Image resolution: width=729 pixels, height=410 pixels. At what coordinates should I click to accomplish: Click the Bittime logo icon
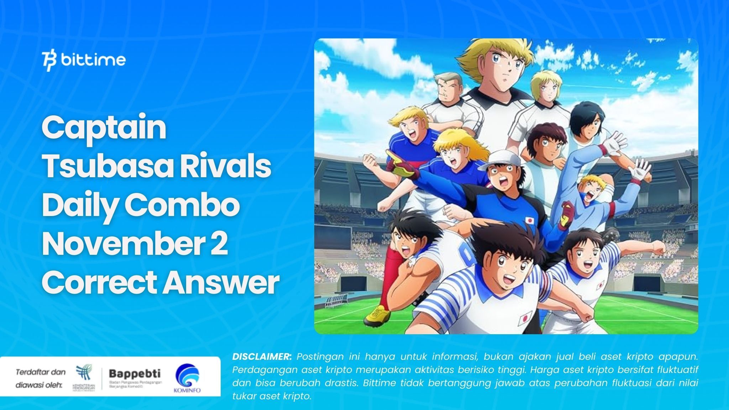coord(49,61)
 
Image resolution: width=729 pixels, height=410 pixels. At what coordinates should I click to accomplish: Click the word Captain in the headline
coord(104,128)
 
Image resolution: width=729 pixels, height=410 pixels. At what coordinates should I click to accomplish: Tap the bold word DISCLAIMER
coord(262,356)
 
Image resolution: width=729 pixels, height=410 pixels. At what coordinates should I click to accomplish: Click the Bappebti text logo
coord(134,374)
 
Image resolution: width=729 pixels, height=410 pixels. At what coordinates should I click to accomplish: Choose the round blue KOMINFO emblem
coord(187,375)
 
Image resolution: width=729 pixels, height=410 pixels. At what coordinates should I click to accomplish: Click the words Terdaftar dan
coord(41,372)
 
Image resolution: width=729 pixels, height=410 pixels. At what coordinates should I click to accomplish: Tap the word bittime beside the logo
coord(93,60)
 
